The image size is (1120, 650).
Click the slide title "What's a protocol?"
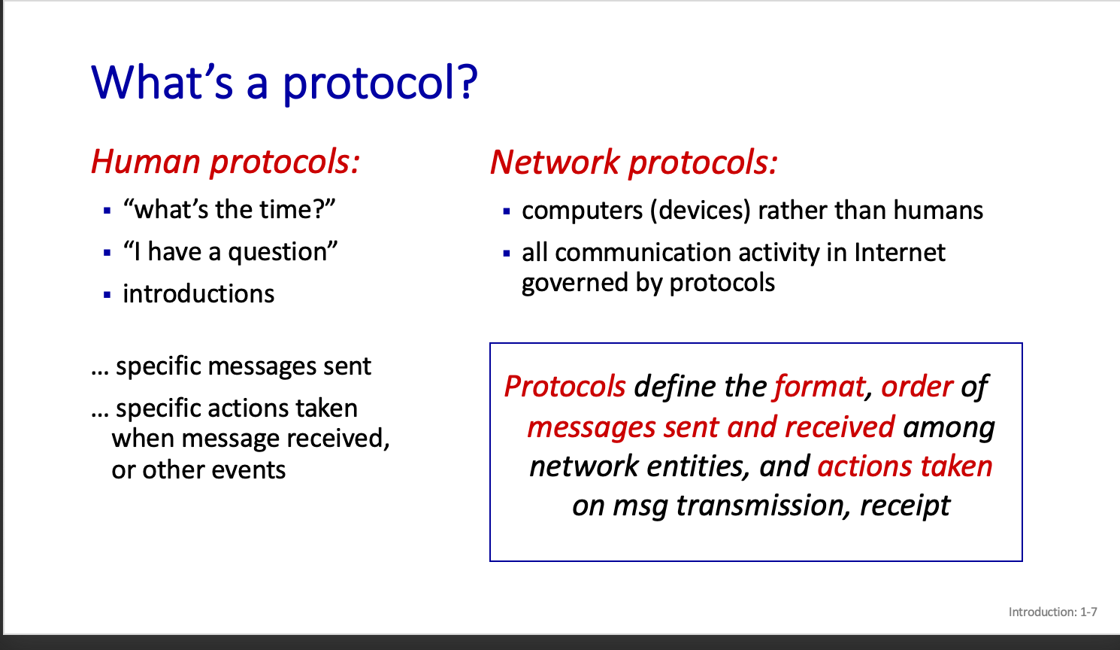click(x=284, y=83)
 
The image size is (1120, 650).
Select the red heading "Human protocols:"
click(x=226, y=162)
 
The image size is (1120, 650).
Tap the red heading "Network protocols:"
click(x=634, y=162)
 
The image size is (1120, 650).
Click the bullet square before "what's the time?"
click(x=107, y=211)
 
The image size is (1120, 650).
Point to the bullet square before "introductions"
click(x=107, y=295)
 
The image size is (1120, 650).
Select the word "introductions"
click(x=198, y=293)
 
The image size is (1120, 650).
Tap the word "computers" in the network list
click(x=582, y=211)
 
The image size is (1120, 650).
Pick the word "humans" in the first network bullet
click(x=938, y=210)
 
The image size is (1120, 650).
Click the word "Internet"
click(x=900, y=252)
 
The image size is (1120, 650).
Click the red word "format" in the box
click(x=819, y=387)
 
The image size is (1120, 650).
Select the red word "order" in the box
click(x=917, y=387)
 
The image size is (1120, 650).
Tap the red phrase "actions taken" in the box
click(x=905, y=466)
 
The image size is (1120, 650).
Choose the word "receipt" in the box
click(x=905, y=506)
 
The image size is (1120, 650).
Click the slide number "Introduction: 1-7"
click(x=1053, y=612)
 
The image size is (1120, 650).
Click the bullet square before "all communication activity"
click(x=507, y=254)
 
